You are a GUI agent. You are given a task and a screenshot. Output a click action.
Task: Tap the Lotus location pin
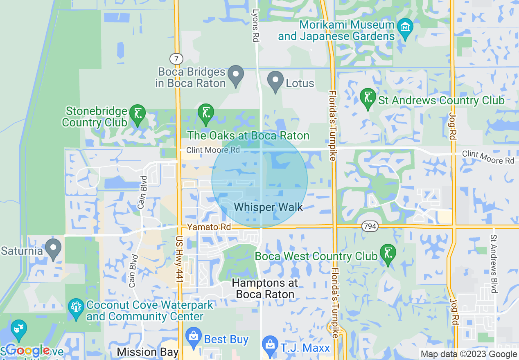(x=275, y=80)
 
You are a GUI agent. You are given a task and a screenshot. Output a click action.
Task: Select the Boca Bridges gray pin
(x=236, y=75)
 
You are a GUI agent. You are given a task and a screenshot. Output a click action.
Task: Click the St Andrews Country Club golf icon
(x=368, y=98)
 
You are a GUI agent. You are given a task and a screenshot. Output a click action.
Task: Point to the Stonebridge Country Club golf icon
(x=137, y=114)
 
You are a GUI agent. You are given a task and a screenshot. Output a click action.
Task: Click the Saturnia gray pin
(x=53, y=248)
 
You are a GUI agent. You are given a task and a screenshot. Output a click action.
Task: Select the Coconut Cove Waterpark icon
(x=76, y=308)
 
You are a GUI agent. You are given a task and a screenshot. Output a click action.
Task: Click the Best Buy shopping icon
(x=193, y=337)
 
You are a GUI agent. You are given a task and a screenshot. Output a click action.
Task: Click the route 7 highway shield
(x=176, y=59)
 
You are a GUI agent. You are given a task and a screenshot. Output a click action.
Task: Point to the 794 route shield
(x=369, y=226)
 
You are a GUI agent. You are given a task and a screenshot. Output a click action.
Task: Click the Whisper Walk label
(x=269, y=207)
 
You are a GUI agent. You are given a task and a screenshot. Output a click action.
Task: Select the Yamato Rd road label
(x=209, y=227)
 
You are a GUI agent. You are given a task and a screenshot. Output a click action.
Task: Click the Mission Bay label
(x=147, y=352)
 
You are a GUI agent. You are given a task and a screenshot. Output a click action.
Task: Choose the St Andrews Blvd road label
(x=494, y=264)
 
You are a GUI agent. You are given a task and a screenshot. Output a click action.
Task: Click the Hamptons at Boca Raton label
(x=265, y=289)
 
